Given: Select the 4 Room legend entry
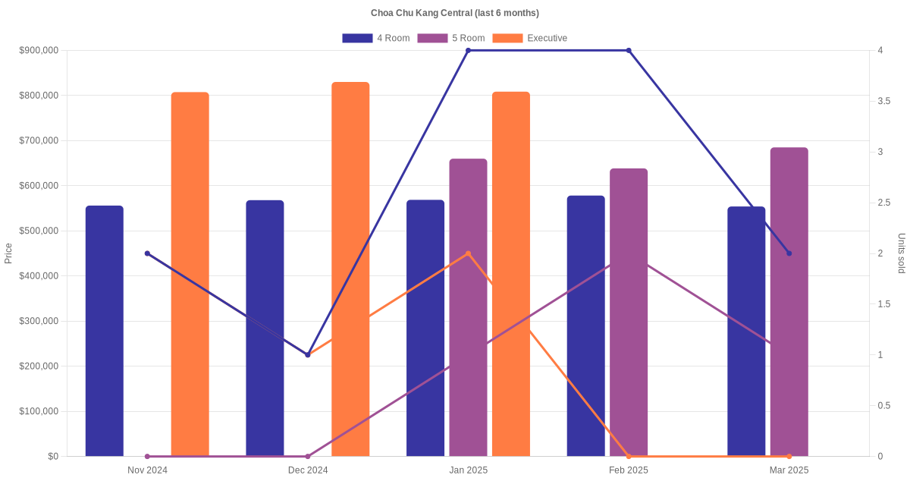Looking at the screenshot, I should [x=375, y=38].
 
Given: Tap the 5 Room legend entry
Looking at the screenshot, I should [x=450, y=38].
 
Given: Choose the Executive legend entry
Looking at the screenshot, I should [x=529, y=38].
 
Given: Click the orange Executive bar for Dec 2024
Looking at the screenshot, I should [x=350, y=269].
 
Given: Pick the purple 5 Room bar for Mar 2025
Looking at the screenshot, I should [x=789, y=302].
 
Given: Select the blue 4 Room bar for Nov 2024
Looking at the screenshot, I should [x=105, y=331].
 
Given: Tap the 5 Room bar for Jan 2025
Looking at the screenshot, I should [x=468, y=307].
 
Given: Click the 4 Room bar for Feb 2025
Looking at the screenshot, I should [x=586, y=326].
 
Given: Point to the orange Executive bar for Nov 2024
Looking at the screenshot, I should [x=190, y=274].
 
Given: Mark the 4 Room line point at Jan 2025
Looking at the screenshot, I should [x=468, y=51].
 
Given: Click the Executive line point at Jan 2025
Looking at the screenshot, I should [x=468, y=253].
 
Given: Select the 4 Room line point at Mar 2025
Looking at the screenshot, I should [x=789, y=253].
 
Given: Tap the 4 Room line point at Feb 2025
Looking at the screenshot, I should [x=629, y=51].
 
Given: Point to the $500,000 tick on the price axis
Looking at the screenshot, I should [x=38, y=231].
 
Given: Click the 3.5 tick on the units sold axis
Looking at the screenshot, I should [x=885, y=101].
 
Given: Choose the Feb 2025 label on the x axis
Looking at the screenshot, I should [x=629, y=470].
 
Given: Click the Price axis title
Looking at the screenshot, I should [x=8, y=253].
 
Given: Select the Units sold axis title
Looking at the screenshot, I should [x=902, y=253].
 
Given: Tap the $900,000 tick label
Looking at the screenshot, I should [x=38, y=51].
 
